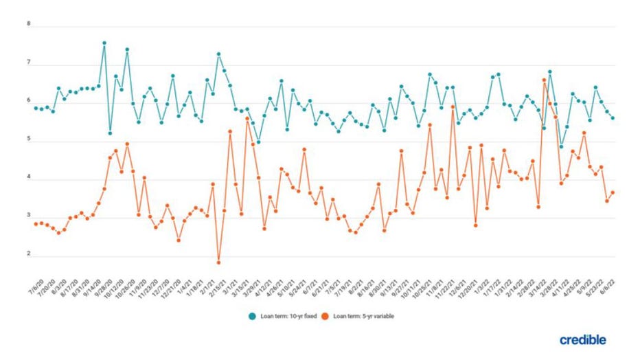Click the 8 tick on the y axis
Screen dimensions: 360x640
coord(29,24)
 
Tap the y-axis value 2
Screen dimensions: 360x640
coord(29,254)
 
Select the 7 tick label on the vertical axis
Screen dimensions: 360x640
coord(29,63)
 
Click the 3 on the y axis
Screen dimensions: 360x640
coord(29,218)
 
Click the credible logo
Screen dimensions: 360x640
coord(582,339)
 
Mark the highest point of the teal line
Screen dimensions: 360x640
coord(104,43)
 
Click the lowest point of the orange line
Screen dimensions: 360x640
coord(218,262)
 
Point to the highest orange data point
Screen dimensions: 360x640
coord(544,80)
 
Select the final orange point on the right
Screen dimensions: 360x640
coord(613,193)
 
